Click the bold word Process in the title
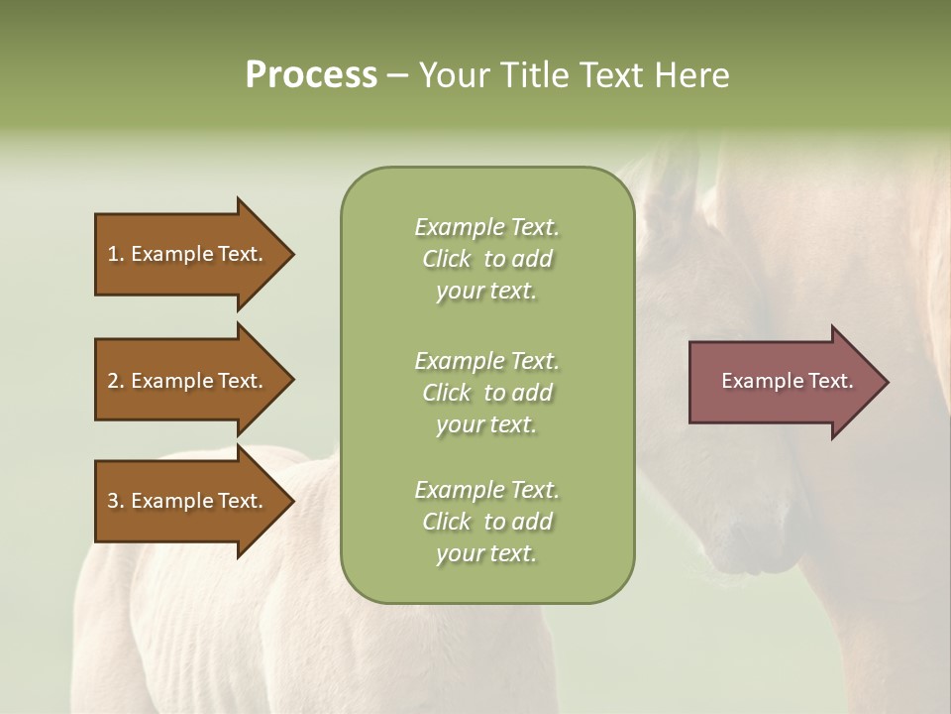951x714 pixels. coord(311,75)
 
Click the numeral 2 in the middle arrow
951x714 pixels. coord(113,381)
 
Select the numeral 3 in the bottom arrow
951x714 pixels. coord(113,501)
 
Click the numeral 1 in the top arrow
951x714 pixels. coord(113,254)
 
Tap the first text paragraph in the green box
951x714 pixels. coord(486,259)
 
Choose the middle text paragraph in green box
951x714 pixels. coord(486,393)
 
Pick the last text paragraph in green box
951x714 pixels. coord(486,522)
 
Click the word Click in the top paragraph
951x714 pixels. coord(446,259)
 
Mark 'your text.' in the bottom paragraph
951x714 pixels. coord(486,554)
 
